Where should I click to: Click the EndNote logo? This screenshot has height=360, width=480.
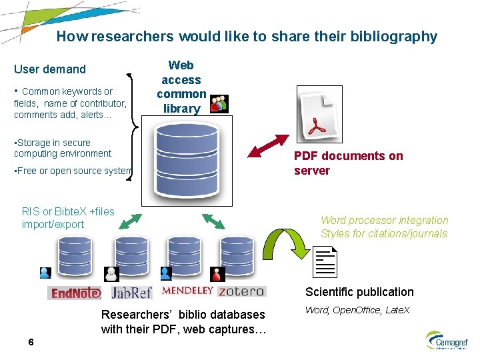[x=74, y=293]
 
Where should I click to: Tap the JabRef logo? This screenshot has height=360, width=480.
[x=131, y=293]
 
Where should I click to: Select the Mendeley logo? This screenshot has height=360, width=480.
[x=187, y=291]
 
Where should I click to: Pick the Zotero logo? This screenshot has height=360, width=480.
[x=241, y=291]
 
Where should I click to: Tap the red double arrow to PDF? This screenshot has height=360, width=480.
[x=270, y=146]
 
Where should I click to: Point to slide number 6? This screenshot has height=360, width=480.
[x=31, y=342]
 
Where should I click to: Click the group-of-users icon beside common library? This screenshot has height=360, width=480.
[x=219, y=103]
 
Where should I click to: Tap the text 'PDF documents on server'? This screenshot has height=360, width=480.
[x=348, y=163]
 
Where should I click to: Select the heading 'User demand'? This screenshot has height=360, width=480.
[x=50, y=69]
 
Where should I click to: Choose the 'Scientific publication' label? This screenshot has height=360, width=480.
[x=359, y=292]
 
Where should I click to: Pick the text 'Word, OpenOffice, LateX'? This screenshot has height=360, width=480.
[x=357, y=311]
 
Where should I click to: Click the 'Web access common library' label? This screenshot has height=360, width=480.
[x=181, y=87]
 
